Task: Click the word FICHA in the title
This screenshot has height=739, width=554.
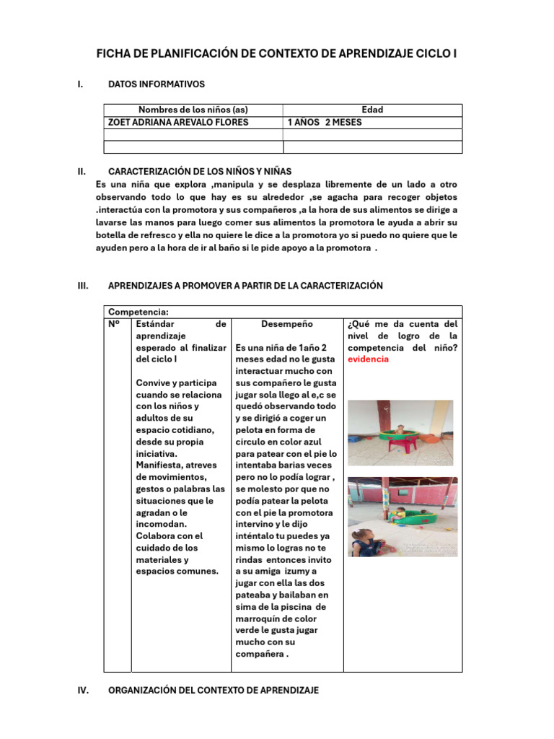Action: tap(113, 54)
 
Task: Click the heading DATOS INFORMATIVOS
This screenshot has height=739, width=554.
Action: tap(156, 84)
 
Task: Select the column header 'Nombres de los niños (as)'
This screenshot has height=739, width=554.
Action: tap(193, 110)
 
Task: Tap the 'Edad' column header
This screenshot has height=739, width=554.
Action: tap(372, 110)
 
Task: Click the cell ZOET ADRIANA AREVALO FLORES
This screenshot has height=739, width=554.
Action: tap(177, 122)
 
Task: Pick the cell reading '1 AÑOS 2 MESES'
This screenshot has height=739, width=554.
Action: tap(325, 122)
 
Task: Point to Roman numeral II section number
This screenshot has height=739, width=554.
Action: tap(82, 172)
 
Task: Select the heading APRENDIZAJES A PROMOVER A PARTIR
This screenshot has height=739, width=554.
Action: tap(245, 286)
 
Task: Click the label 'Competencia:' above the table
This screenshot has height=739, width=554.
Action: tap(138, 311)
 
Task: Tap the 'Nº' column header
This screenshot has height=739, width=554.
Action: tap(113, 324)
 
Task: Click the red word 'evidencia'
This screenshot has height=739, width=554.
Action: tap(368, 359)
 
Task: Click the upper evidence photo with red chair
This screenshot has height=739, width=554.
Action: tap(400, 433)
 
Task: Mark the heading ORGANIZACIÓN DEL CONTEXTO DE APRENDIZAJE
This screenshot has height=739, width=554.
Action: tap(213, 691)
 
